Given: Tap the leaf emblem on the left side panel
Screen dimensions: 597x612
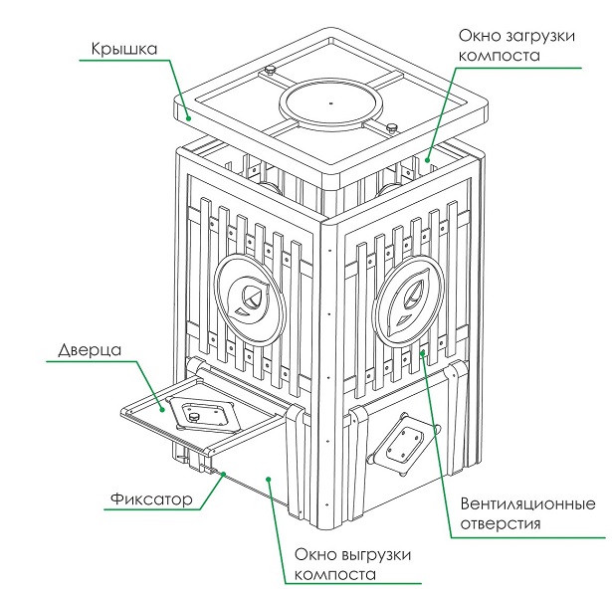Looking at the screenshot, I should (x=250, y=296).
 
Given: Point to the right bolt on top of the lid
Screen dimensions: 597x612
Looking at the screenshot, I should (x=392, y=125).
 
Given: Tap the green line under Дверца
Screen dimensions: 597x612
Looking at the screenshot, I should (x=90, y=364).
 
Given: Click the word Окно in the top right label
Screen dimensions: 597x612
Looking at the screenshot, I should (x=476, y=36).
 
